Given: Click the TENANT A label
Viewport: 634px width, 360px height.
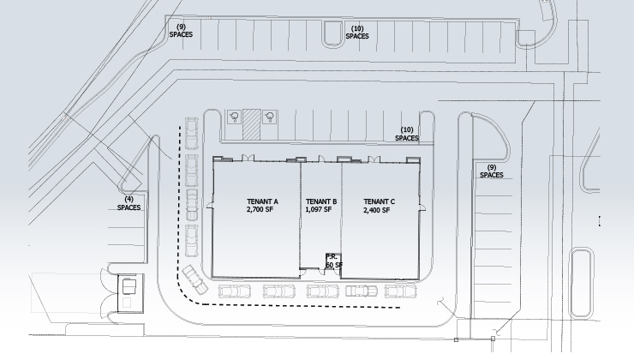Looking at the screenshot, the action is (x=262, y=201).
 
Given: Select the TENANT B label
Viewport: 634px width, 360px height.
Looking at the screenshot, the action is (x=321, y=201).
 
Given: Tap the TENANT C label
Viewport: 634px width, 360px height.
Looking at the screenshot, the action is (x=380, y=201).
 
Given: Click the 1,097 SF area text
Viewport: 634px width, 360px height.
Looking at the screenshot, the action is (x=319, y=209).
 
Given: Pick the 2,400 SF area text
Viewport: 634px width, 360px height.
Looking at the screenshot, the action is (x=377, y=210).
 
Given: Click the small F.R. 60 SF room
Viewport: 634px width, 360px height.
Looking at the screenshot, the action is (x=333, y=261).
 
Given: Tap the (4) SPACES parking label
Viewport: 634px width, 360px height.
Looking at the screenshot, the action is (x=129, y=203).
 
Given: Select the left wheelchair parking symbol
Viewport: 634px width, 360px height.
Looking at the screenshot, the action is (x=234, y=117).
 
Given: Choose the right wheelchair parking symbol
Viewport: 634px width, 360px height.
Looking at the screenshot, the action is (x=269, y=117).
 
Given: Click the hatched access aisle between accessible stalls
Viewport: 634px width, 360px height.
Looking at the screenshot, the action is (x=252, y=125).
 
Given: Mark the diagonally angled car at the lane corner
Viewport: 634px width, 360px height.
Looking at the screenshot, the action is (x=194, y=279).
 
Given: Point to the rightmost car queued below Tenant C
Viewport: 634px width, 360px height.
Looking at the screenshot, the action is (x=400, y=291).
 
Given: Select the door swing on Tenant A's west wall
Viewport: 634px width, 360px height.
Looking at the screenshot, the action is (x=210, y=206).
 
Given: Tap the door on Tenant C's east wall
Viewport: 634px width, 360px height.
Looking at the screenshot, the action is (x=422, y=207).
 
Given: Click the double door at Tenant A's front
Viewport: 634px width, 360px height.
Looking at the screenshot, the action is (x=248, y=159).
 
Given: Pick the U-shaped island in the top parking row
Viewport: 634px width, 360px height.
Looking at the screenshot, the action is (x=332, y=33).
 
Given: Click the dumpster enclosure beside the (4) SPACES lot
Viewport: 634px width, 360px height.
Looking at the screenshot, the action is (x=129, y=293).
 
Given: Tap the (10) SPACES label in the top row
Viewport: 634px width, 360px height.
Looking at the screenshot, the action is (x=357, y=33).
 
